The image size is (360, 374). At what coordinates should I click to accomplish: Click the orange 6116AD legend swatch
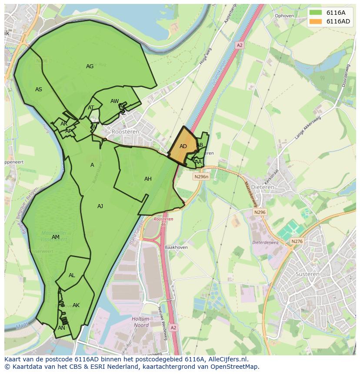pos(316,21)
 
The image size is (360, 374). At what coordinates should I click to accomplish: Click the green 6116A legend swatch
pos(316,13)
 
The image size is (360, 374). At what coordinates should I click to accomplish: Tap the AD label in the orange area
pos(183,146)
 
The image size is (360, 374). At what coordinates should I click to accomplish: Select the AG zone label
pos(90,66)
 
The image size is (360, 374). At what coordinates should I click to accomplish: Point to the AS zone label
pos(39,89)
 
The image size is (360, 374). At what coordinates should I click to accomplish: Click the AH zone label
pos(148,179)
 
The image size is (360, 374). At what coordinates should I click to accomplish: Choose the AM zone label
pos(55,237)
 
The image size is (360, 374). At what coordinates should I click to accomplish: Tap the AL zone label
pos(72,275)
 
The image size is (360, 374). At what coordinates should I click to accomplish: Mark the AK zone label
pos(76,305)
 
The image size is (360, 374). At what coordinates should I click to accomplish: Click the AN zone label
pos(61,328)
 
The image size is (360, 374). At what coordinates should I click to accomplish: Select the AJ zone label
pos(100,206)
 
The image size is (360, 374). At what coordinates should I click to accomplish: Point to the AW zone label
pos(114,101)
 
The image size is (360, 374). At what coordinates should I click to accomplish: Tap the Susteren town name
pos(307,274)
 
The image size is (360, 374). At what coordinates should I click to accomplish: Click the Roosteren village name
pos(125,131)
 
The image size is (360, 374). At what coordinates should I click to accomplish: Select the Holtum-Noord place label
pos(140,321)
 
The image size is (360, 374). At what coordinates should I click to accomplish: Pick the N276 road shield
pos(297,242)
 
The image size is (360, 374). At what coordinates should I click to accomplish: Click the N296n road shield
pos(201,177)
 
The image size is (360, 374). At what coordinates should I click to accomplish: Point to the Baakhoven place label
pos(176,248)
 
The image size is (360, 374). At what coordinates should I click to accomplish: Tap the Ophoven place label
pos(284,16)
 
